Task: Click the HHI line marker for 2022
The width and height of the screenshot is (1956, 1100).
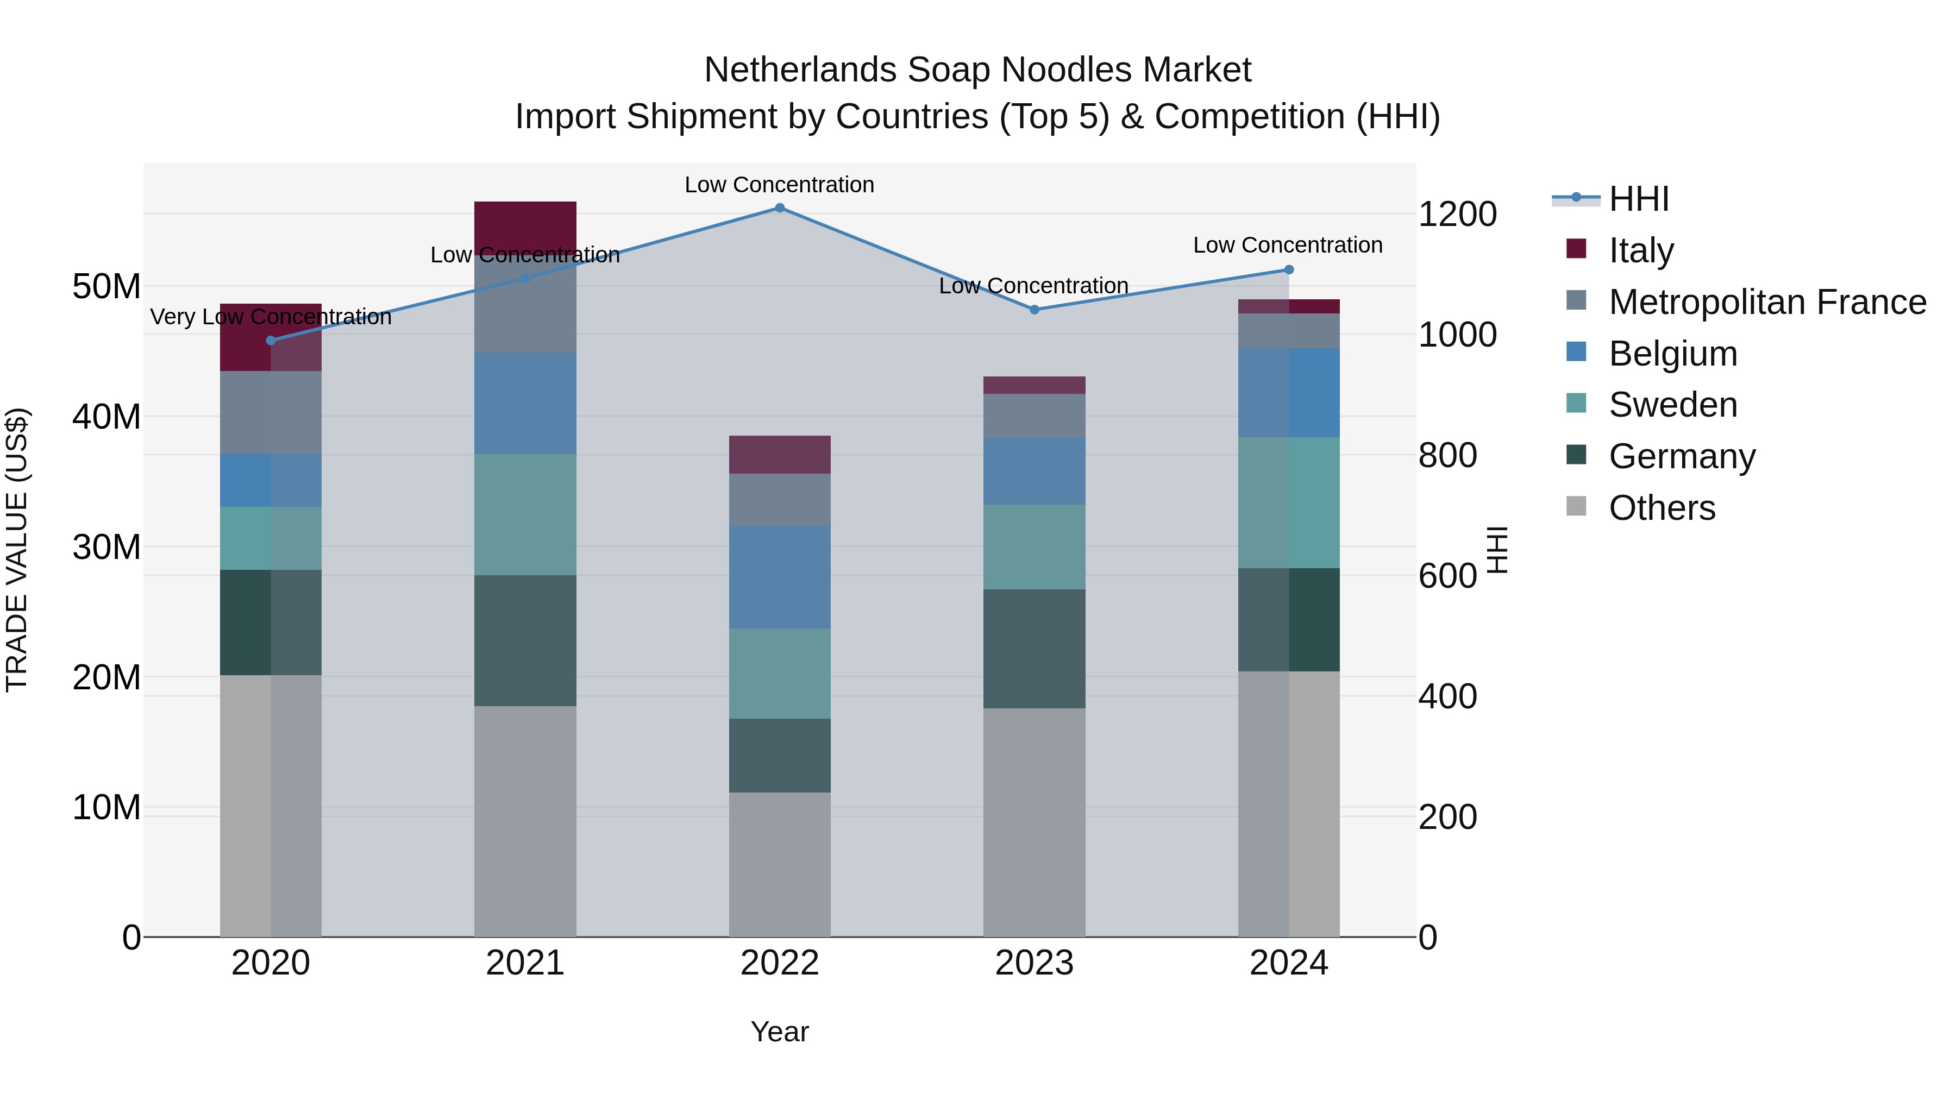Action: [x=780, y=208]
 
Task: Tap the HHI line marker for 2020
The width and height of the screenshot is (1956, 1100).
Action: [x=271, y=340]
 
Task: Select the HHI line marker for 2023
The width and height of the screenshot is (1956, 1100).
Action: [x=1034, y=310]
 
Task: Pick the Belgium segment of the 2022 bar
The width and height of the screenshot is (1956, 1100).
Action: [x=780, y=577]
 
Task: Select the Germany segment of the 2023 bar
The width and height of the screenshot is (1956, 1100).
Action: [x=1034, y=649]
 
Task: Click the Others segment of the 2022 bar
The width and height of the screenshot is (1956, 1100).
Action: [x=780, y=865]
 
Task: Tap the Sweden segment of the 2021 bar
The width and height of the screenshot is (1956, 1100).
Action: [x=525, y=515]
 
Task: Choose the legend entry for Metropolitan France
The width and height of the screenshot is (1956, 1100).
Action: [x=1767, y=302]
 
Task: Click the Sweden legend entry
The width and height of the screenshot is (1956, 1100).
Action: [x=1673, y=405]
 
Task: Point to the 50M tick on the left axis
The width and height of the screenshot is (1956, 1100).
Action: [x=106, y=287]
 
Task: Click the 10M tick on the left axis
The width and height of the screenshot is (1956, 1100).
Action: [x=106, y=808]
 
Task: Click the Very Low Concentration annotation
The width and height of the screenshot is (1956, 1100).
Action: [x=271, y=317]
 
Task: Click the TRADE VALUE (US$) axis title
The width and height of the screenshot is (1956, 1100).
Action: [x=17, y=550]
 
